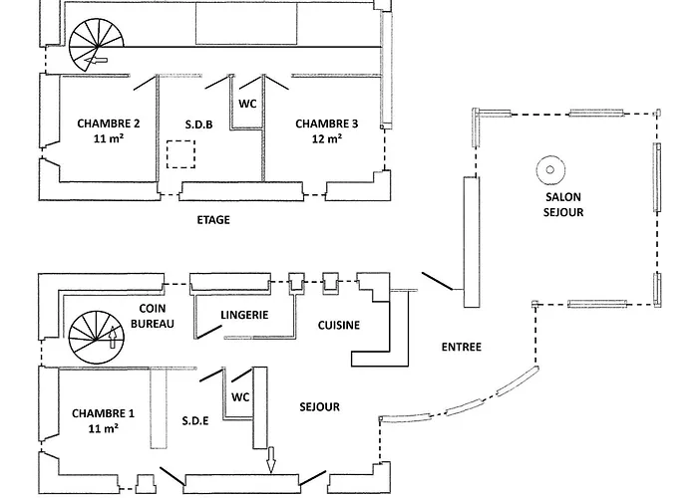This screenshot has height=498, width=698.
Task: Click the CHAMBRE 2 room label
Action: (108, 124)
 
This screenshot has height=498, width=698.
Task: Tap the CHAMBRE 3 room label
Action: (326, 124)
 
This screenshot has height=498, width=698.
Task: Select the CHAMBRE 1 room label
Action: (103, 412)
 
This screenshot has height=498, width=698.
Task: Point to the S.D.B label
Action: (197, 124)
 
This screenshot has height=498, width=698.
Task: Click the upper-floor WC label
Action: (247, 103)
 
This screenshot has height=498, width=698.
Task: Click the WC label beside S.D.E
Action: (240, 396)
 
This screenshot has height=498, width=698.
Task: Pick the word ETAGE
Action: (213, 220)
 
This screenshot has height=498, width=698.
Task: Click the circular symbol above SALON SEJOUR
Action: (548, 169)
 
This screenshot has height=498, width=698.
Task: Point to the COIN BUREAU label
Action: (152, 317)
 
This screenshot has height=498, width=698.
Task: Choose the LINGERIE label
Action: (244, 315)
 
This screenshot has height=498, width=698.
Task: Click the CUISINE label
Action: (338, 326)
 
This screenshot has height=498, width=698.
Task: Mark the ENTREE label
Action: (462, 348)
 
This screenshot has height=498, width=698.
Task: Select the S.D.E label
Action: (195, 420)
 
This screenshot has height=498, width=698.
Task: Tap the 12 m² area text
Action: (327, 139)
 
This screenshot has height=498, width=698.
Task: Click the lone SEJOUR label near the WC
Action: (320, 406)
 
